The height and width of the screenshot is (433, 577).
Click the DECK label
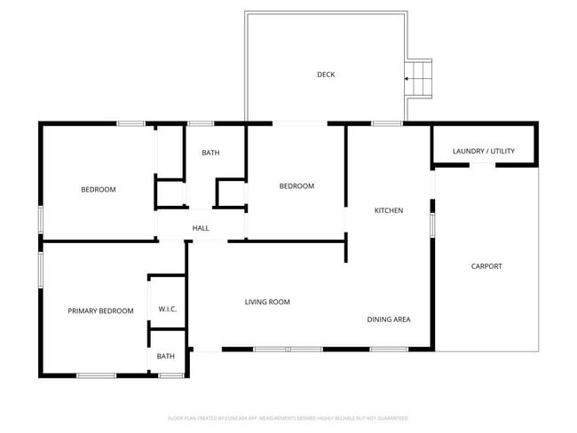pos(326,75)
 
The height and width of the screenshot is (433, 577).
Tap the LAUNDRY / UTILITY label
pos(483,152)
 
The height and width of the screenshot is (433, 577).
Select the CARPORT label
pos(486,266)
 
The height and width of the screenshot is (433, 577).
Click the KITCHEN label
pos(388,210)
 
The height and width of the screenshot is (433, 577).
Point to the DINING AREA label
pos(389,319)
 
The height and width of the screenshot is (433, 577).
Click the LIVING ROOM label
pos(267,303)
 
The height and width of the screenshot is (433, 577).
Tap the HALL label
pos(201,229)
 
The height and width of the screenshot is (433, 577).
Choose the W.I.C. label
pos(168,309)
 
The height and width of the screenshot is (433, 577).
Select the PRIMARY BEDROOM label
pos(100,311)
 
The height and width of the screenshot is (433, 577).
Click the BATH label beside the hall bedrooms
pos(210,153)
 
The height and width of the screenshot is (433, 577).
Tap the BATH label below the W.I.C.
pos(166,357)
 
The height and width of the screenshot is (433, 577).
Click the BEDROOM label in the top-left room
pos(99,189)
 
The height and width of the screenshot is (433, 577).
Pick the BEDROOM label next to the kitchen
pos(296,185)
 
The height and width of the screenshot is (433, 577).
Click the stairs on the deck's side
pos(419,78)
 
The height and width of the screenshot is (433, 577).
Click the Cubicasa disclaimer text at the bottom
pos(288,417)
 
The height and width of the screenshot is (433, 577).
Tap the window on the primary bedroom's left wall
pos(40,269)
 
